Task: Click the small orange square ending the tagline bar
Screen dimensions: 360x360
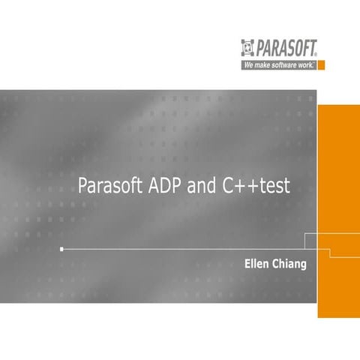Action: pos(321,65)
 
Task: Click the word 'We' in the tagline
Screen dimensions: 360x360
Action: pos(247,65)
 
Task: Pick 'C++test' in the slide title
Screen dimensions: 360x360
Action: pos(256,186)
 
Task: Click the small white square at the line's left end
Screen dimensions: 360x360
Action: pos(61,248)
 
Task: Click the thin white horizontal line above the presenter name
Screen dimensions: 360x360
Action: pos(180,248)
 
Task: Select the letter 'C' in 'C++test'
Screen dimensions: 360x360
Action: pos(227,186)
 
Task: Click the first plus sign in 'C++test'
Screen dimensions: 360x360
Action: pos(238,187)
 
